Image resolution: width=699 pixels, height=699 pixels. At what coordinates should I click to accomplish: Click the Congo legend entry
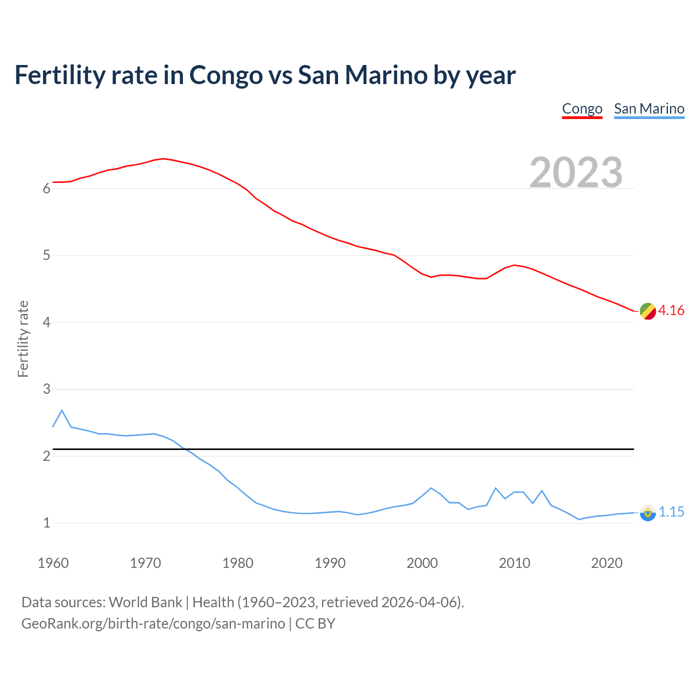coord(582,109)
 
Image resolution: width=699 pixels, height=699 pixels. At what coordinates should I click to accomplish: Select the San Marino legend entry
coord(649,109)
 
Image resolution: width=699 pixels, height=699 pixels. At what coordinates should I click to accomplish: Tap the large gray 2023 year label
coord(576,172)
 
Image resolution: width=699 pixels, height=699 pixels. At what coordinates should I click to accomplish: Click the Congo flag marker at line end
coord(648,311)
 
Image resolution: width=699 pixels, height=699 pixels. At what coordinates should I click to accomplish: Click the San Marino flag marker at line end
coord(648,513)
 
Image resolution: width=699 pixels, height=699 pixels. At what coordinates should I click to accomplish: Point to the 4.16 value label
coord(671,310)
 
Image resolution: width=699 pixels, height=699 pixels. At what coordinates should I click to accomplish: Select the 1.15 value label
coord(671,512)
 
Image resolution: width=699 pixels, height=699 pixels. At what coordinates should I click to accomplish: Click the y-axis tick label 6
coord(46,189)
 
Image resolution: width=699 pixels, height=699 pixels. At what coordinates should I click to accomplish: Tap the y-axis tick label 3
coord(46,389)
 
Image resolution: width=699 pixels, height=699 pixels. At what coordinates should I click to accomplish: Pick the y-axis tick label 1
coord(46,523)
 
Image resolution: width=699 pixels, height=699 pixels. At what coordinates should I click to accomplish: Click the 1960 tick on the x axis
coord(53,563)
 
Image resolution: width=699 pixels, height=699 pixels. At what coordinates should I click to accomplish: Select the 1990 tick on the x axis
coord(330,563)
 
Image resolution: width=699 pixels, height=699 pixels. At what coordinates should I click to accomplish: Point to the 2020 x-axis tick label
coord(607,563)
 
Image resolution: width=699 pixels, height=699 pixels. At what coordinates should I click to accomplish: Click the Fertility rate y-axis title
coord(23,339)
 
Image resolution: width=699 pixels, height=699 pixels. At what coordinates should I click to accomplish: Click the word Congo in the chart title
coord(226,75)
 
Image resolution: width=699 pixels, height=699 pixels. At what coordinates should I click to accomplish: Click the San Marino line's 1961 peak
coord(62,410)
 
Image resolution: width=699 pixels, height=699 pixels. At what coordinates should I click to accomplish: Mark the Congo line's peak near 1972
coord(163,158)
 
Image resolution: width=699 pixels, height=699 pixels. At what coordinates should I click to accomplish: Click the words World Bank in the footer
coord(145,602)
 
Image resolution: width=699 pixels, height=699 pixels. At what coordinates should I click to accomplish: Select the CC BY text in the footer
coord(315,624)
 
